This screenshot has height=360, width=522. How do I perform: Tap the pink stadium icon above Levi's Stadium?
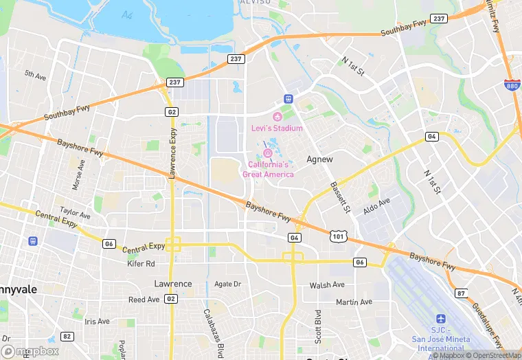pos(277,116)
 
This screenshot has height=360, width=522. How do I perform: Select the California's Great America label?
pos(268,170)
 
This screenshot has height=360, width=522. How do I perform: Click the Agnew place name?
pos(319,159)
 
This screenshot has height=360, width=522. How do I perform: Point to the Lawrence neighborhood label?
pos(172,284)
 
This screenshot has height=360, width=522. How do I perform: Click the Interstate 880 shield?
pos(510,85)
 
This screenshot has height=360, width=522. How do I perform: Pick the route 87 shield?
pos(461,293)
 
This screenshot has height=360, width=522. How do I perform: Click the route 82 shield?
pos(67,336)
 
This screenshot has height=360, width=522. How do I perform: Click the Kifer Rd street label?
pos(141,263)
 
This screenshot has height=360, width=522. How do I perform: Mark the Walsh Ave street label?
pos(327,284)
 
